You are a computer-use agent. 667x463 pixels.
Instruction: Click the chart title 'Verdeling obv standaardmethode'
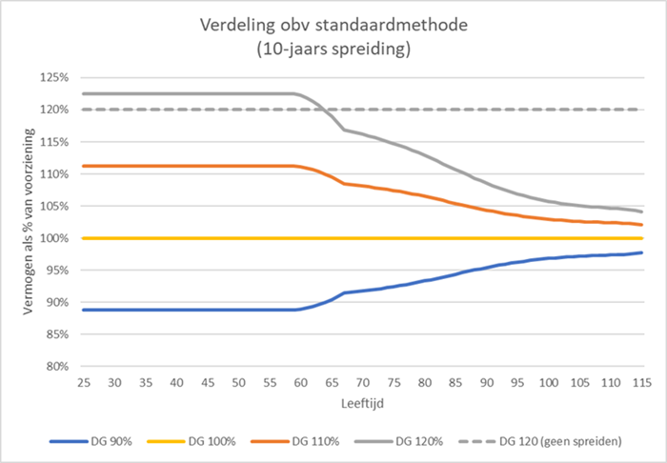click(x=333, y=24)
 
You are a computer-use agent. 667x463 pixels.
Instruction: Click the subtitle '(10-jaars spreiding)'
click(x=333, y=49)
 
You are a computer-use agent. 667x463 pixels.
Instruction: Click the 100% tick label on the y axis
click(x=52, y=238)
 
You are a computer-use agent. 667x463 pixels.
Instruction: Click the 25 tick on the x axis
click(x=84, y=383)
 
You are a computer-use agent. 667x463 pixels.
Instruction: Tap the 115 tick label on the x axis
click(x=639, y=383)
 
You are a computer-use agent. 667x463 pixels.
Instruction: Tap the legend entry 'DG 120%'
click(x=420, y=443)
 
